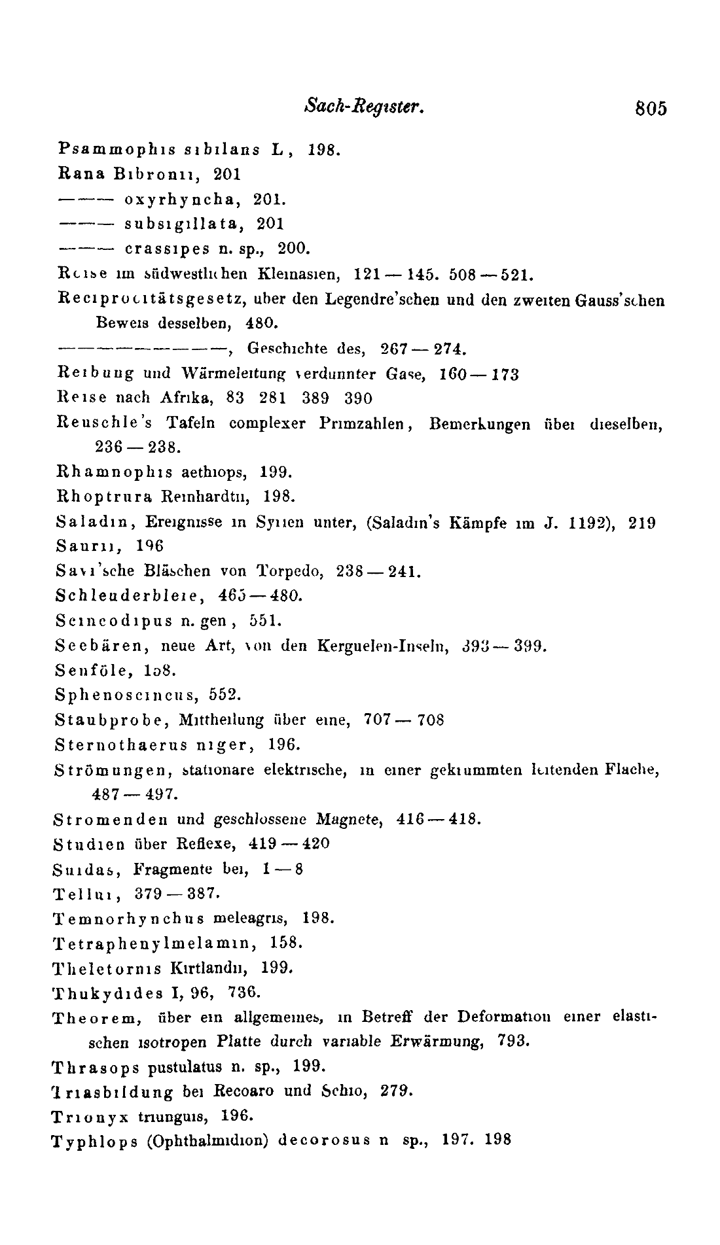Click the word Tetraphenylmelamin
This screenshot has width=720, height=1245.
(155, 943)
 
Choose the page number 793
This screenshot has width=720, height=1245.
(513, 1040)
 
